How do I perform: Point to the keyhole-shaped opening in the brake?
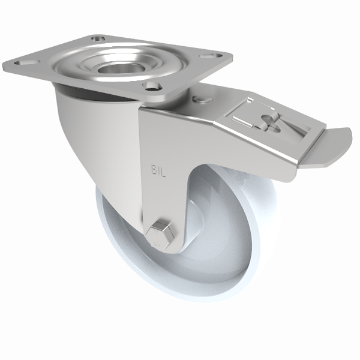point(272,124)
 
